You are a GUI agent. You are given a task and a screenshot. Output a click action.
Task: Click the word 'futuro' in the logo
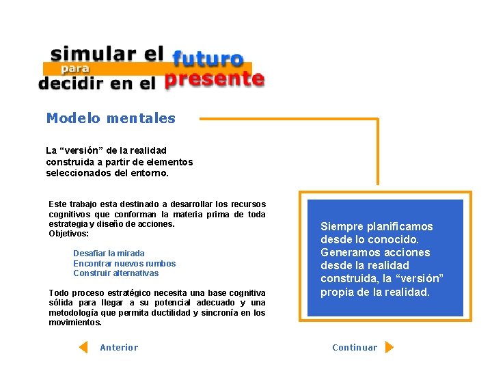(x=207, y=59)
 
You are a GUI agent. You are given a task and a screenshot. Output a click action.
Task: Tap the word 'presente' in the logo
(x=214, y=80)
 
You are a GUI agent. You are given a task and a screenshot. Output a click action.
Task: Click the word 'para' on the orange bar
(x=75, y=68)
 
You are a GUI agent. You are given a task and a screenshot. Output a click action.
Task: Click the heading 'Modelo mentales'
(x=111, y=118)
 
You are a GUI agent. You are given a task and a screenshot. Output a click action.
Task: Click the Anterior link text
(x=119, y=348)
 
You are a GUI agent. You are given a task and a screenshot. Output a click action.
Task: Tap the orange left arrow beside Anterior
(x=83, y=347)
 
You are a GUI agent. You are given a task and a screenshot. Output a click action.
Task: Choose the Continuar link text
(x=355, y=348)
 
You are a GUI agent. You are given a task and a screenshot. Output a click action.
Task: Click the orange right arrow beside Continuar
(x=389, y=347)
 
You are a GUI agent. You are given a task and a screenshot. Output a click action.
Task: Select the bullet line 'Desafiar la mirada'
(x=109, y=254)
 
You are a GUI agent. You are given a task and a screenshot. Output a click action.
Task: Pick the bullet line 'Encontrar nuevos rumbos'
(x=124, y=264)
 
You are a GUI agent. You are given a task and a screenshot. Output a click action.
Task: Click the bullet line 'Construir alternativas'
(x=115, y=273)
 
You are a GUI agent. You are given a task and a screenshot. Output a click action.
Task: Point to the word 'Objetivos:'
(x=69, y=234)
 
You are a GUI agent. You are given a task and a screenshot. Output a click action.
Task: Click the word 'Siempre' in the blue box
(x=342, y=227)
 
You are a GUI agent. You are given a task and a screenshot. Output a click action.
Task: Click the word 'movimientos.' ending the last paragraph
(x=75, y=323)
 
